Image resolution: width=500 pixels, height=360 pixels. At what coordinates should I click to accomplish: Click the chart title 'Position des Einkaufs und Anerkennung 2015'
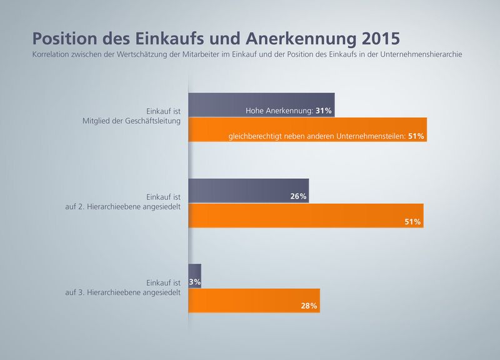point(216,38)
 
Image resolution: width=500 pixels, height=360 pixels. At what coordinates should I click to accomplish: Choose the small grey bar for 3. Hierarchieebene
point(194,276)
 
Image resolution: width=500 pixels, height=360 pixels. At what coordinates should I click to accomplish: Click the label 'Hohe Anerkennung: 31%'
point(288,111)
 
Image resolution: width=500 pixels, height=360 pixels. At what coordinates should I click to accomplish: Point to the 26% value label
point(298,197)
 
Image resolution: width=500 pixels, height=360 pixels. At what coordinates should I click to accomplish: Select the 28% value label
point(309,306)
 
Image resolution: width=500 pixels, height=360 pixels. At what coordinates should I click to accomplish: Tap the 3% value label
point(195,282)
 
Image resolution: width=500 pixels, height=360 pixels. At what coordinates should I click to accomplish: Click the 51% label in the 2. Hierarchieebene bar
point(412,221)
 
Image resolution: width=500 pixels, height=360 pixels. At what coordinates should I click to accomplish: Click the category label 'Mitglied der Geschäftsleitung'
point(132,121)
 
